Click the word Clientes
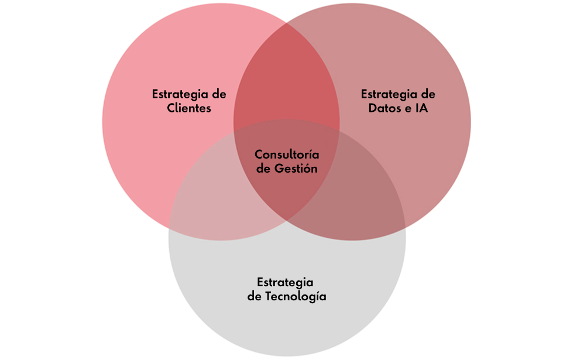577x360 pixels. tap(189, 108)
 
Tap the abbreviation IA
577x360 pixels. tap(420, 108)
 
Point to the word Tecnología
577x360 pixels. tap(296, 296)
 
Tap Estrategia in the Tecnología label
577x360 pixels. tap(285, 282)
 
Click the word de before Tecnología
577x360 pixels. tap(254, 296)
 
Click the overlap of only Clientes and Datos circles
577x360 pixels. tap(287, 76)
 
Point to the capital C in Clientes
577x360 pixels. tap(171, 108)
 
